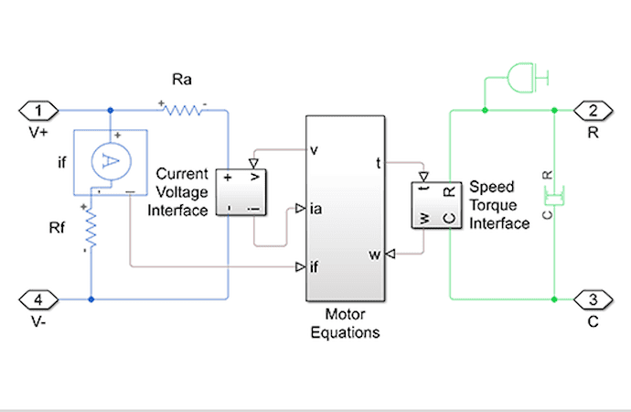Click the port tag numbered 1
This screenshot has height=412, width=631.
[38, 112]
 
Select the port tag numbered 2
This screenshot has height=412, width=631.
[593, 112]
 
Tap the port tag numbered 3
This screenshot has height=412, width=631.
[593, 299]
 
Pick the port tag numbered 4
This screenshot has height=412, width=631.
[38, 299]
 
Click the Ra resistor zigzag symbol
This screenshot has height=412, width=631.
[182, 111]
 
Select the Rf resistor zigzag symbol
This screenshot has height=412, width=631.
[91, 225]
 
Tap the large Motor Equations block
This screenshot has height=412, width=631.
[345, 208]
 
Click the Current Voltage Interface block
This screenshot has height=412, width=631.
[242, 191]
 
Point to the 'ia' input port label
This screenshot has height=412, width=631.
[316, 210]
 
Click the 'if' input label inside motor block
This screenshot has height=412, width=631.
[315, 267]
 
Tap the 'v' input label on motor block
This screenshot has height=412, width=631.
[315, 150]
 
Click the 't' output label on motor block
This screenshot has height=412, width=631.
[378, 164]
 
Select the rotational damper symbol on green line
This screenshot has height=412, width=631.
[550, 195]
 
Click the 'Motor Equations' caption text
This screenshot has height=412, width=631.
[345, 325]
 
